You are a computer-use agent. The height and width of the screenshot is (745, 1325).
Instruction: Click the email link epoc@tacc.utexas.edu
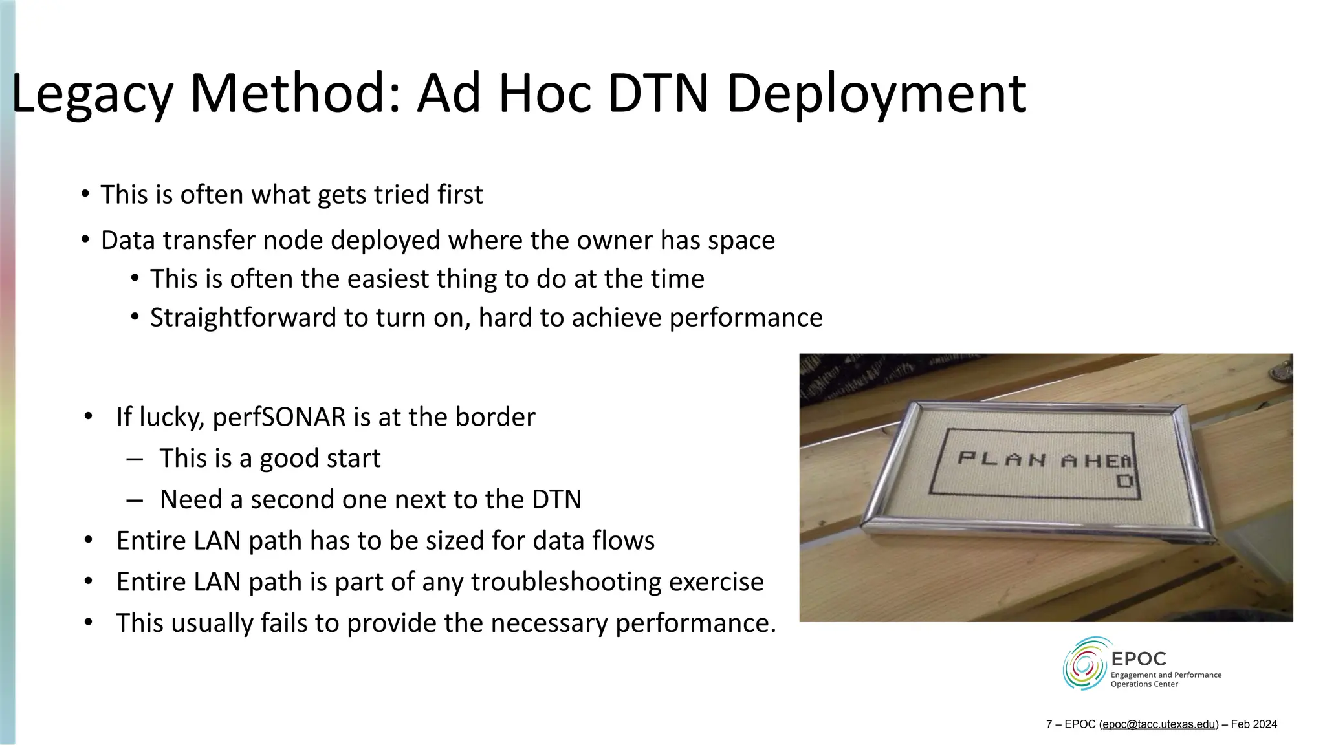[x=1159, y=724]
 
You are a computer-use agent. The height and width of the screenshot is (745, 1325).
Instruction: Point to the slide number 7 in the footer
[x=1049, y=724]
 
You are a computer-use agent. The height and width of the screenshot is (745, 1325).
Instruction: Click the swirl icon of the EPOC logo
[x=1085, y=664]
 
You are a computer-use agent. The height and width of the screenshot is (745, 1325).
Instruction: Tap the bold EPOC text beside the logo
[x=1138, y=659]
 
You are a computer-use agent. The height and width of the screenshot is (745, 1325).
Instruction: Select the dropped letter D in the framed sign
[x=1125, y=481]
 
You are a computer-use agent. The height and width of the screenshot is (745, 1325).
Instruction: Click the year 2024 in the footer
[x=1264, y=724]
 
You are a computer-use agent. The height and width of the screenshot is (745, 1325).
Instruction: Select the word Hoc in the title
[x=544, y=94]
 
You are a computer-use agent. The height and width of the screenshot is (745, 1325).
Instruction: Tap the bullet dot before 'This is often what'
[x=85, y=194]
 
